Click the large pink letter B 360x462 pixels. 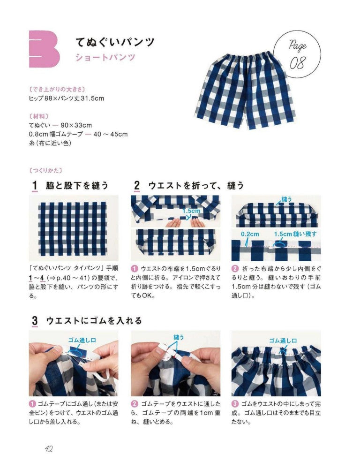pyautogui.click(x=44, y=49)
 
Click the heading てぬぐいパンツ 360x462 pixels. pyautogui.click(x=115, y=42)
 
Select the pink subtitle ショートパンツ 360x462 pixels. pyautogui.click(x=105, y=58)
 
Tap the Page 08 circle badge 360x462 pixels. pyautogui.click(x=297, y=54)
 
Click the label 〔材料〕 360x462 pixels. pyautogui.click(x=41, y=115)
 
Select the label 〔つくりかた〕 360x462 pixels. pyautogui.click(x=45, y=170)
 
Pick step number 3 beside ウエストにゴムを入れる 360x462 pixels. pyautogui.click(x=34, y=321)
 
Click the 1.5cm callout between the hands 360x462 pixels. pyautogui.click(x=191, y=211)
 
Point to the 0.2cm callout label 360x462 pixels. pyautogui.click(x=249, y=234)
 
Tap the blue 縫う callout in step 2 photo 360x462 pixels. pyautogui.click(x=286, y=199)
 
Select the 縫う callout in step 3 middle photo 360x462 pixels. pyautogui.click(x=179, y=336)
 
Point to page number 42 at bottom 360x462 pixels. pyautogui.click(x=48, y=448)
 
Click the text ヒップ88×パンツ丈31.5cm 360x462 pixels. pyautogui.click(x=66, y=98)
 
